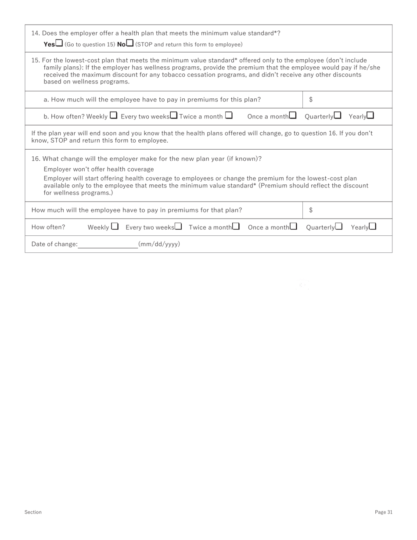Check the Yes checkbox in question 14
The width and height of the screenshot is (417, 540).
pos(59,43)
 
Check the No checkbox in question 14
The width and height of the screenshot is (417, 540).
pos(130,43)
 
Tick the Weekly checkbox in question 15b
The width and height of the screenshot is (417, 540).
pos(113,115)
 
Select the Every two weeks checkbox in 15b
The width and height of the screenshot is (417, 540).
pos(174,115)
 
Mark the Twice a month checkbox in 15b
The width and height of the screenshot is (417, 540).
pos(229,115)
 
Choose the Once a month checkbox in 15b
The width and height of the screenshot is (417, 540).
pos(293,115)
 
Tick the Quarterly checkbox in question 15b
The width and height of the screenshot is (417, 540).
pos(338,115)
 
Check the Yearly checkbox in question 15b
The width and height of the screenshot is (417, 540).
pos(370,115)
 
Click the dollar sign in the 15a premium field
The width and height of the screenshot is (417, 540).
pos(311,100)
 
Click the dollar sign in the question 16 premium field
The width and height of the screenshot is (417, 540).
pos(311,210)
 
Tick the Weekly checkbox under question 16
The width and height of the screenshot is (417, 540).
pos(115,227)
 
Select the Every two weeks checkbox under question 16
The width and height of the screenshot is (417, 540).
pos(178,227)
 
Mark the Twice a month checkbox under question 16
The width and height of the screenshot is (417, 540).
pos(236,227)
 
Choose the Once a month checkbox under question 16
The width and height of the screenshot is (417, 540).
pos(293,227)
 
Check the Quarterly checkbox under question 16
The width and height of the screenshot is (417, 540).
pos(338,227)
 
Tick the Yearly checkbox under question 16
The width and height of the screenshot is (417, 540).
pos(373,227)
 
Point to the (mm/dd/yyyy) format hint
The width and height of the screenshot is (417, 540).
pos(159,244)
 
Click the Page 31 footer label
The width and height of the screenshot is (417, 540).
pos(384,512)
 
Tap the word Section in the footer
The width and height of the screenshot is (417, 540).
pos(33,512)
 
